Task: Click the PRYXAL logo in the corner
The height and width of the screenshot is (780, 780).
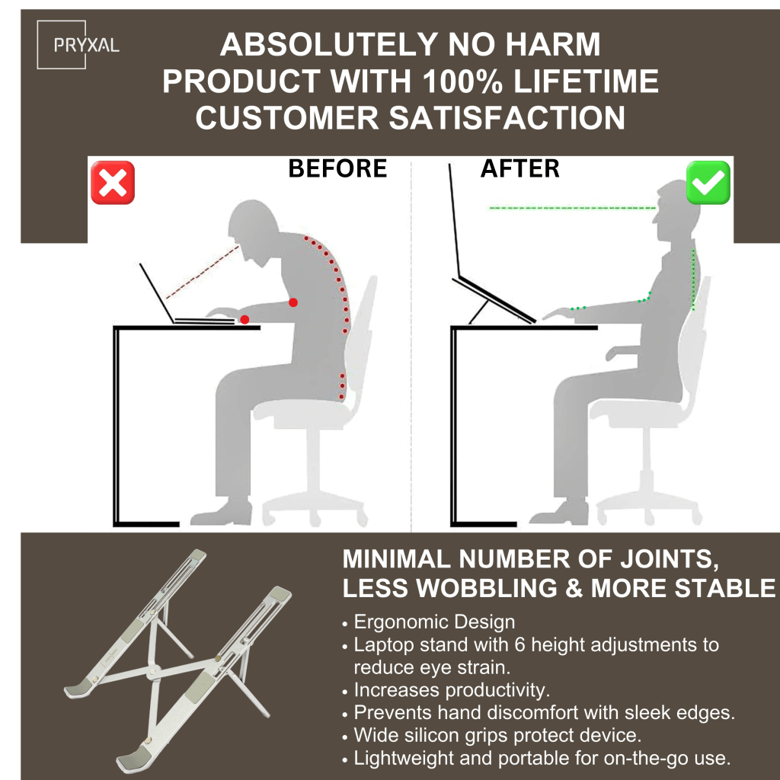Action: [78, 45]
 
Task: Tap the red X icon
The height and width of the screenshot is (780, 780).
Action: [113, 183]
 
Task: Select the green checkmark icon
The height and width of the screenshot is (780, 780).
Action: [708, 183]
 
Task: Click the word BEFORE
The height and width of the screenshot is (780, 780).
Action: [337, 168]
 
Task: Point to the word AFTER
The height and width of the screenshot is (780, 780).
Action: [519, 168]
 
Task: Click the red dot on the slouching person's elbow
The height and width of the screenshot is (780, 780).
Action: [293, 302]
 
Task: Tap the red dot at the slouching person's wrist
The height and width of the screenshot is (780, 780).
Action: [245, 319]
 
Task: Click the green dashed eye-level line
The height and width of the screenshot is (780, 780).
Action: [572, 208]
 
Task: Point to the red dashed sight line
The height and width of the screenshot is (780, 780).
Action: [203, 272]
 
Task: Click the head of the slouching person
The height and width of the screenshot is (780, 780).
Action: [253, 227]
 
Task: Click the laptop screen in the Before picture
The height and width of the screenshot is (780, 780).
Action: [157, 293]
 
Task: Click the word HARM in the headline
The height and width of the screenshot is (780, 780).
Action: [553, 44]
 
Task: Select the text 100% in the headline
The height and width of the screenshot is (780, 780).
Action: [462, 81]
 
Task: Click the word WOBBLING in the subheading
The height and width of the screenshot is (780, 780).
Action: [486, 588]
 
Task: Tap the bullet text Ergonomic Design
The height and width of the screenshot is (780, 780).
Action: [434, 622]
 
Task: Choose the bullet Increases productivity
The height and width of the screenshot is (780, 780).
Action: [452, 690]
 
